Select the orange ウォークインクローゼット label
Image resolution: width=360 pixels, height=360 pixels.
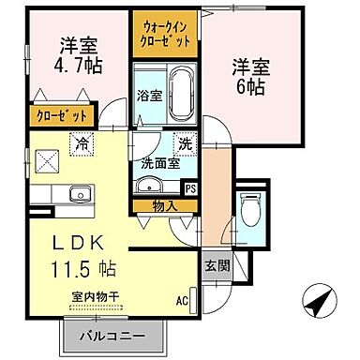165,35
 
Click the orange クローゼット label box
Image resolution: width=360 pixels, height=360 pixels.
63,116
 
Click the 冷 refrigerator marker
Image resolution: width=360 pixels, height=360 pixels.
82,144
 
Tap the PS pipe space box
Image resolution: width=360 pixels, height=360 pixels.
190,187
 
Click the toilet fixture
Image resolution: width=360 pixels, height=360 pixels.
250,211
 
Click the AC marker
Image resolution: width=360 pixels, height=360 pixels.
182,301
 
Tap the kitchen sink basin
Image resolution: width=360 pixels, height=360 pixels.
76,195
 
